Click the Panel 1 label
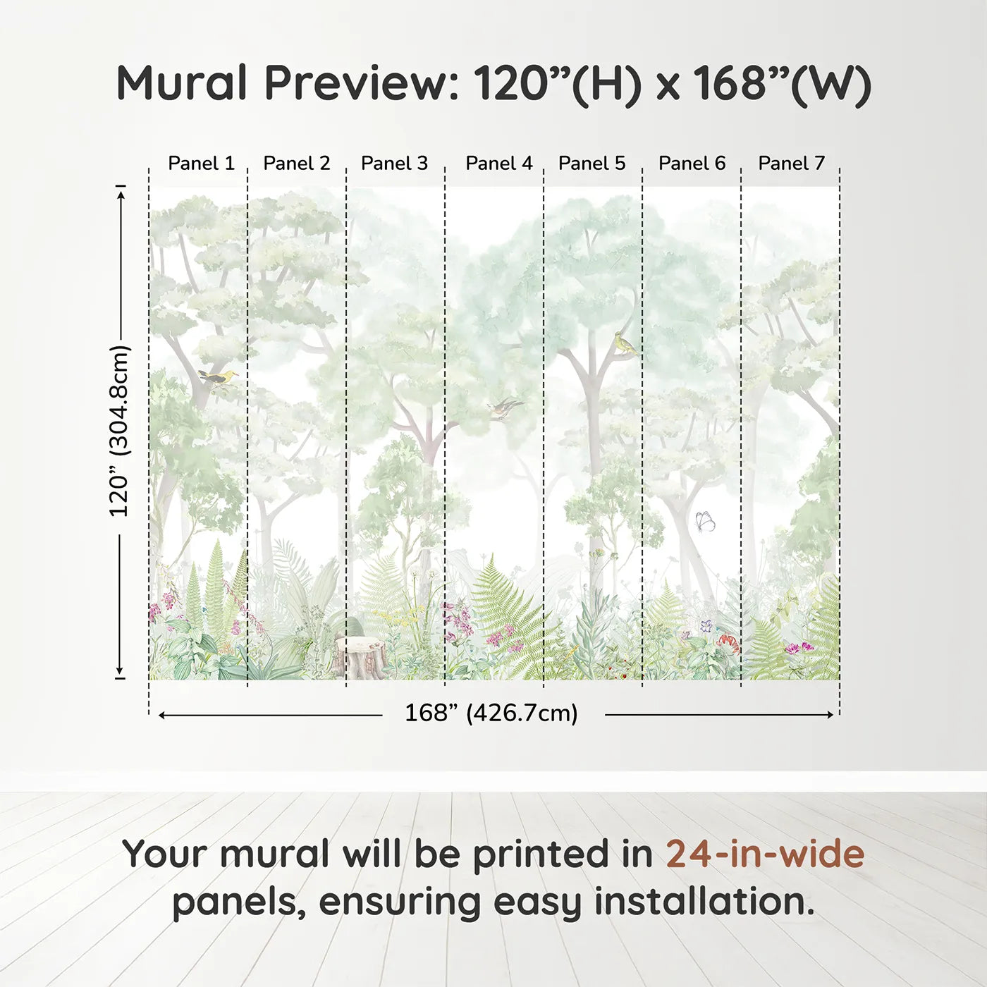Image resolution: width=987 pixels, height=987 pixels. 201,164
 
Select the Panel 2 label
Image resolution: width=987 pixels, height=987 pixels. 296,164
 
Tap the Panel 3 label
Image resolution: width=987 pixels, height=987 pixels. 394,164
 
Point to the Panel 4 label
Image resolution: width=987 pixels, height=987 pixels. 499,164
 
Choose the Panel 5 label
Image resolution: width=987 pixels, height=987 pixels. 591,164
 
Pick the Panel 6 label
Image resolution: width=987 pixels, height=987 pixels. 692,164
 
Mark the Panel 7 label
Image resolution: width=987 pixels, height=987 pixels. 791,164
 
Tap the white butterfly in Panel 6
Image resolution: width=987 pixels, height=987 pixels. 705,521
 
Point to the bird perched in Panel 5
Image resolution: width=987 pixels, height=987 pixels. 624,343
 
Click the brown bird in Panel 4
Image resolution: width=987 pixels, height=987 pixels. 505,407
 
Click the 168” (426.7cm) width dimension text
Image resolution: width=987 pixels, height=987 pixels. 491,713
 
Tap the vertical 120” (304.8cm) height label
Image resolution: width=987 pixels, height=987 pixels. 119,431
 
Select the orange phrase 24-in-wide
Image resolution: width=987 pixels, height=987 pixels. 765,854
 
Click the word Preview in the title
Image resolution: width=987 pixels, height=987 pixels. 361,83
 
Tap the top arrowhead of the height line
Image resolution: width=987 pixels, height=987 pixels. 121,192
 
